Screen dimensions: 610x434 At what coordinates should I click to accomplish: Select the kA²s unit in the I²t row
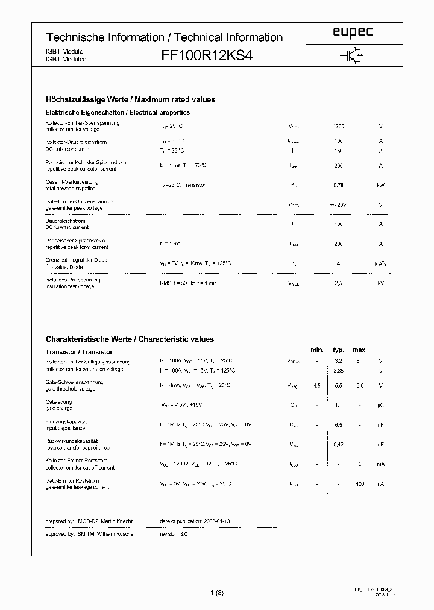tap(380, 263)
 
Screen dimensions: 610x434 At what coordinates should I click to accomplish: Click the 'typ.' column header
tap(338, 350)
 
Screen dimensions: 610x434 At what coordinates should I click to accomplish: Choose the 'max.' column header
tap(359, 350)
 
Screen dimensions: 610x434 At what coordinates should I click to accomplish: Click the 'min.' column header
tap(317, 350)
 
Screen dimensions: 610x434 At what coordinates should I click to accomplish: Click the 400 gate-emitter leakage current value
tap(359, 484)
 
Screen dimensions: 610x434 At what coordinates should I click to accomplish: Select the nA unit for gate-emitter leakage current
tap(380, 484)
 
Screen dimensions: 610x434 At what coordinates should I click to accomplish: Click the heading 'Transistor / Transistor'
tap(79, 352)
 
